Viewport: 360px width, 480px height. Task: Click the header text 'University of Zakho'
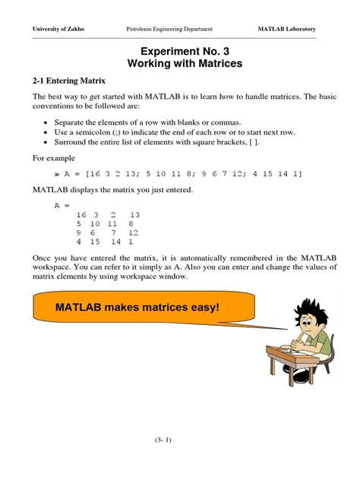[x=58, y=29]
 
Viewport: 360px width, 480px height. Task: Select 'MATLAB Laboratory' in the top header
[x=287, y=29]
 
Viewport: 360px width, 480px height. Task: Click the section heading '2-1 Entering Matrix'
[x=69, y=81]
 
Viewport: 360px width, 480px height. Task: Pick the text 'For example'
[x=54, y=158]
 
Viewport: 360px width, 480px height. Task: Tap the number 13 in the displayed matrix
[x=134, y=216]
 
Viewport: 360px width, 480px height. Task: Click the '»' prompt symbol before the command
[x=58, y=174]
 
